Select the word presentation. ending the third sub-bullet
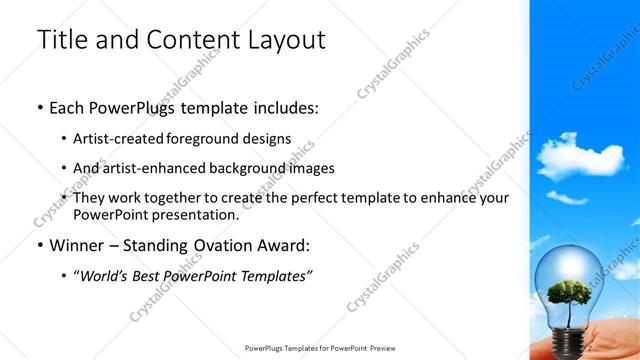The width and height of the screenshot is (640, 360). pyautogui.click(x=190, y=214)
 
